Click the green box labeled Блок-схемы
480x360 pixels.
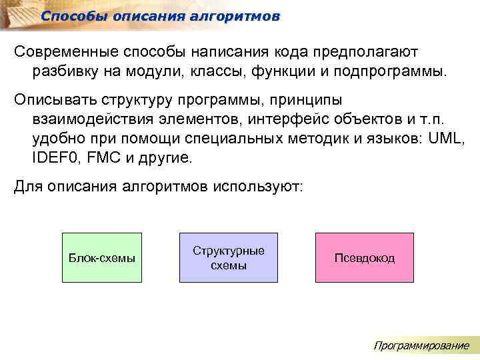pyautogui.click(x=101, y=258)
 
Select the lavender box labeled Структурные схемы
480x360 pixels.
pyautogui.click(x=228, y=258)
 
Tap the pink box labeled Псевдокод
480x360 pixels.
pyautogui.click(x=364, y=258)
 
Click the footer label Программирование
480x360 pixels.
pyautogui.click(x=421, y=345)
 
